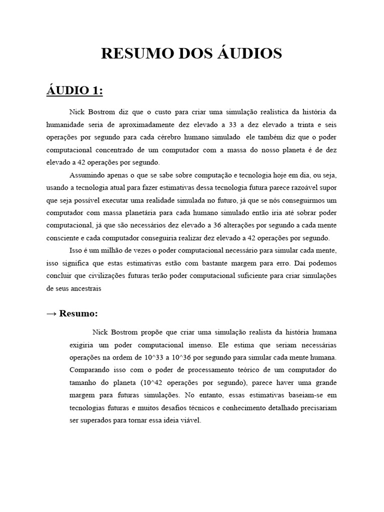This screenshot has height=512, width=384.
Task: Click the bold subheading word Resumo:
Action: (x=78, y=313)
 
